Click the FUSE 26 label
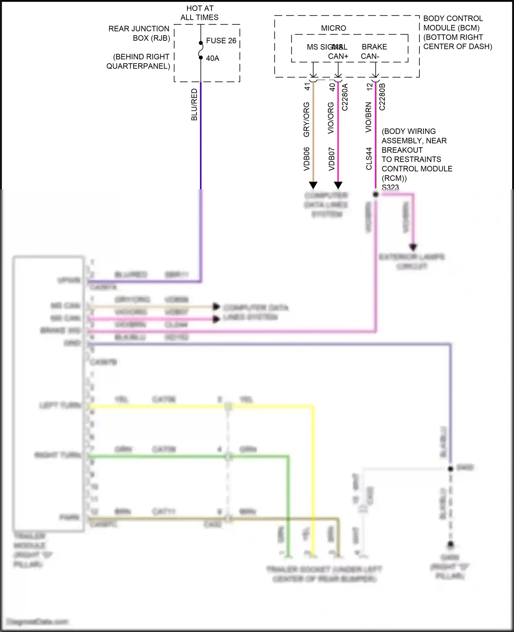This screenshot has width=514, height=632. (221, 41)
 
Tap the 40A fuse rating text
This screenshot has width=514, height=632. (212, 59)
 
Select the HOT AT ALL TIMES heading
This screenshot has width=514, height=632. (199, 13)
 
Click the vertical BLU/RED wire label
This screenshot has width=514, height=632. (194, 105)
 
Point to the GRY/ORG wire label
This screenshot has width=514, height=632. (307, 119)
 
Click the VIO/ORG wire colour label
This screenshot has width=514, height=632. (331, 118)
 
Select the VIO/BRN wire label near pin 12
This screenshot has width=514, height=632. (369, 117)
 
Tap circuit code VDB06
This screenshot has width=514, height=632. (307, 159)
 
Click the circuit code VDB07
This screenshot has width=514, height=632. (331, 159)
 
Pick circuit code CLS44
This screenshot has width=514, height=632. (369, 159)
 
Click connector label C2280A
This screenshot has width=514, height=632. (345, 97)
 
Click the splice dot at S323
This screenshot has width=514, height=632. (376, 194)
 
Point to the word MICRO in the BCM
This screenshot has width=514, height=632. (333, 28)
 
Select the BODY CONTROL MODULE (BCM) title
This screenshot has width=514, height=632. (453, 23)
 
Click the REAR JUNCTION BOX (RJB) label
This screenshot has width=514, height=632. (139, 34)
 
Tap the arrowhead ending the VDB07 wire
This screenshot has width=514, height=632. (338, 186)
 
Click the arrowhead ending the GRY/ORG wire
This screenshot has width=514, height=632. (313, 186)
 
